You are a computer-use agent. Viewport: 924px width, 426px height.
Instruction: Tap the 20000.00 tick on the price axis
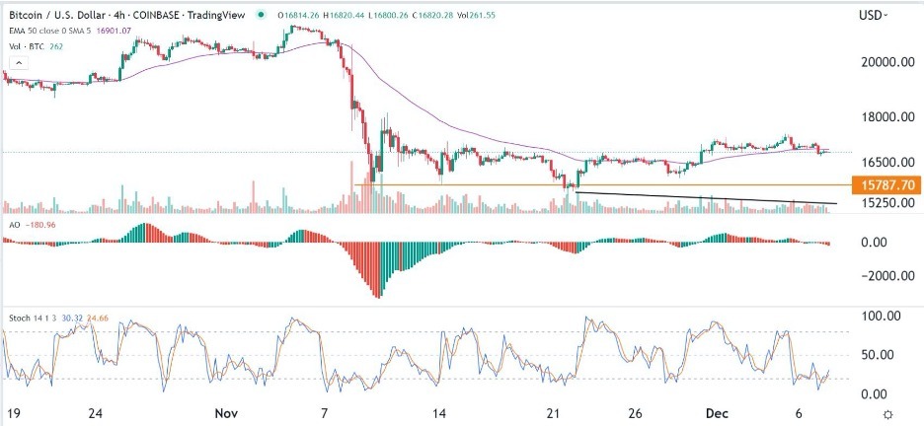point(884,62)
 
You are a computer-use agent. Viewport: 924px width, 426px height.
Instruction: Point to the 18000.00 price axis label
point(884,117)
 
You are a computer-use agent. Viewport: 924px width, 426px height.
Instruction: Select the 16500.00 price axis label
point(884,162)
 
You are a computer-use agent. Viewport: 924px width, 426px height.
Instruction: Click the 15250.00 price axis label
point(884,203)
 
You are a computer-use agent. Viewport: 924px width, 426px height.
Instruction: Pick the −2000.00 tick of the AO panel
point(882,276)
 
